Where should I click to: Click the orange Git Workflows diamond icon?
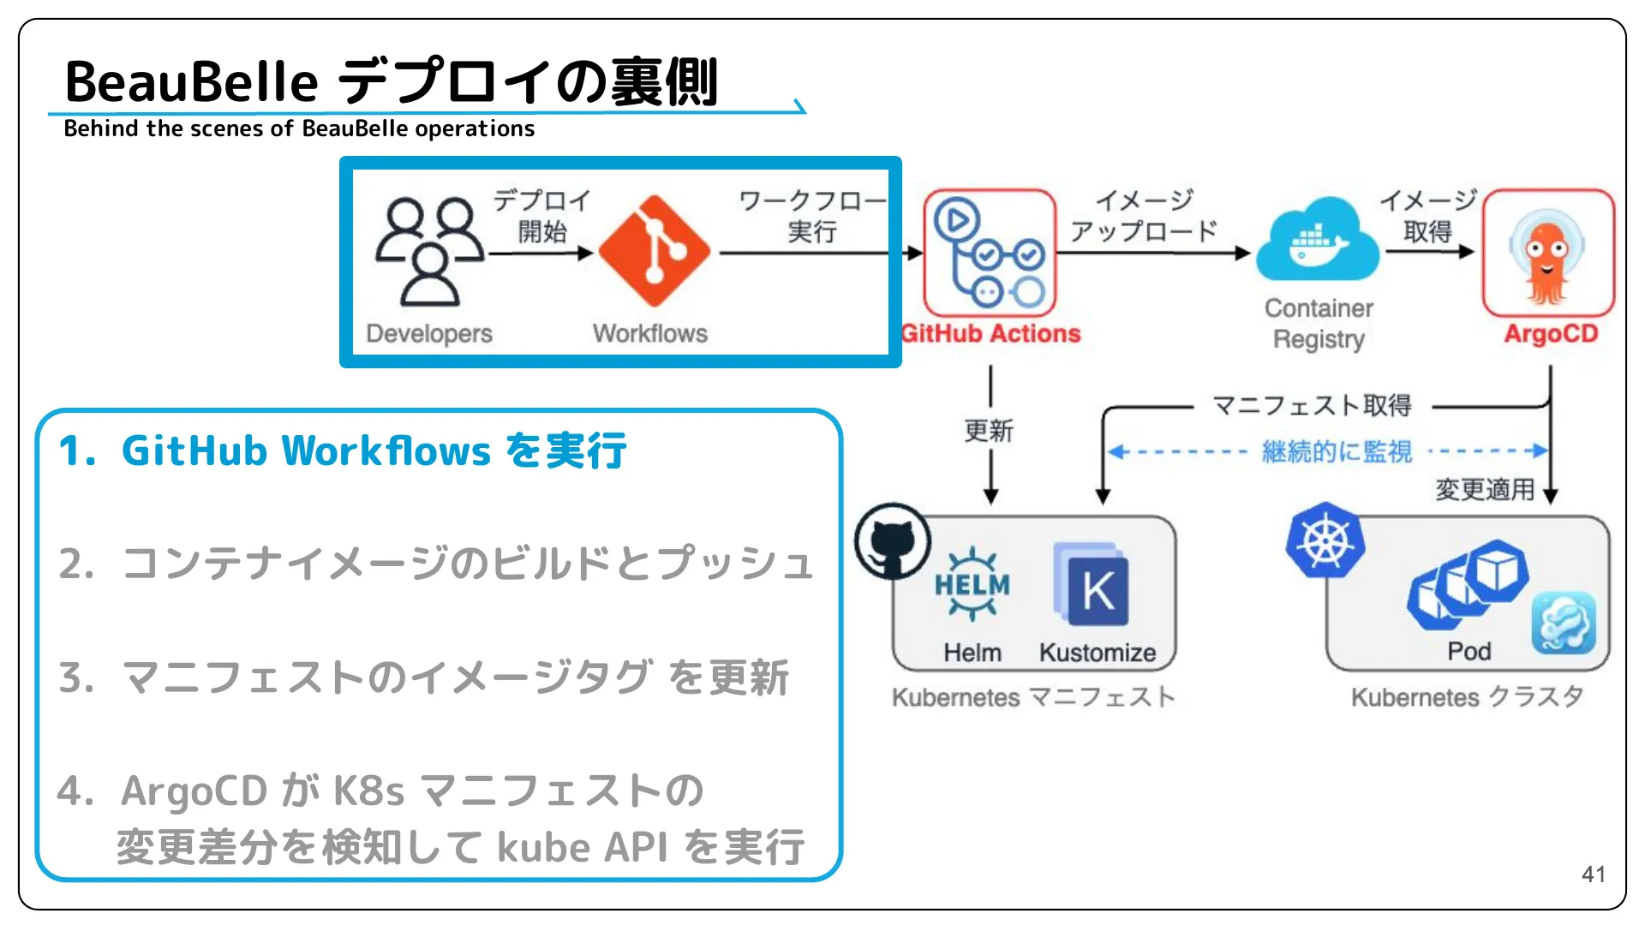(x=654, y=251)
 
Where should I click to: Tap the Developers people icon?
(x=431, y=251)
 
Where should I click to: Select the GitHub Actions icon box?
(x=990, y=253)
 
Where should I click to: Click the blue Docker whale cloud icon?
(x=1318, y=242)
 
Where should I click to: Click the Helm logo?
(x=972, y=585)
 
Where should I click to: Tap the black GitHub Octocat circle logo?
(x=893, y=541)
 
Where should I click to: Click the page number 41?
(x=1593, y=874)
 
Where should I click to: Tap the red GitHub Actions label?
(x=991, y=333)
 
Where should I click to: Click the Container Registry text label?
(x=1319, y=324)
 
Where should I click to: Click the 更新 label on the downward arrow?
(x=989, y=431)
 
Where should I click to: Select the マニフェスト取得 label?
(x=1312, y=405)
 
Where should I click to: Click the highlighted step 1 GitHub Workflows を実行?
(x=343, y=451)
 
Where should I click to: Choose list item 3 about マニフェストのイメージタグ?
(x=423, y=677)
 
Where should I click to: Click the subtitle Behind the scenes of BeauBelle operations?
(x=299, y=128)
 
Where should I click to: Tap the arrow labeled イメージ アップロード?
(x=1152, y=253)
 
